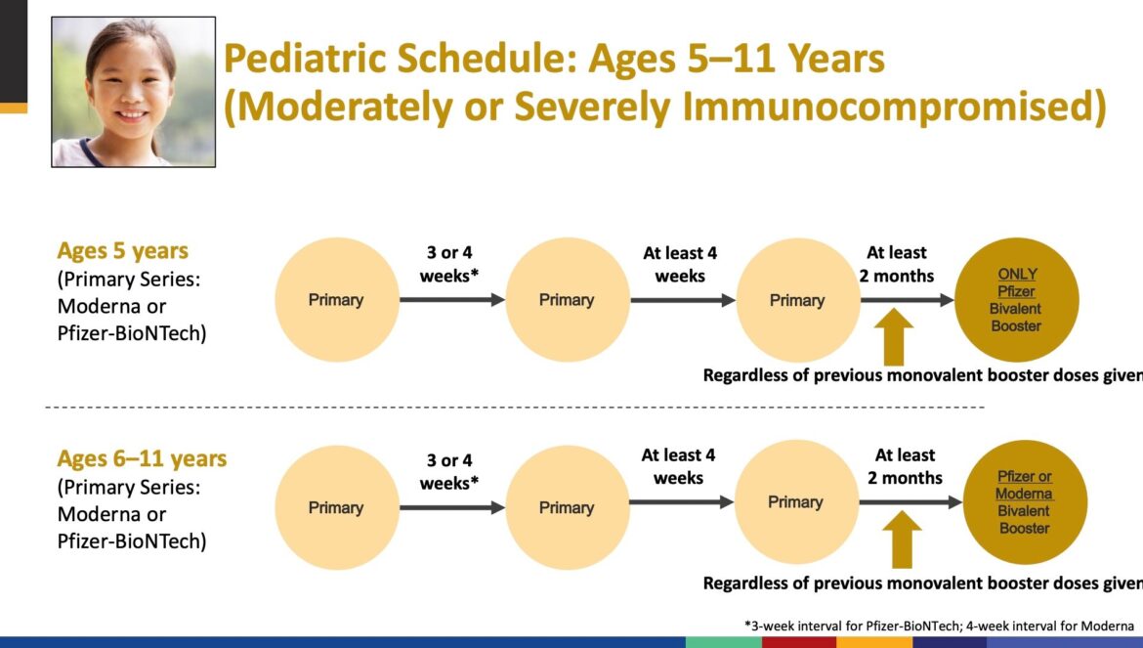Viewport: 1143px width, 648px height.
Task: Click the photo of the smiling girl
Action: point(134,92)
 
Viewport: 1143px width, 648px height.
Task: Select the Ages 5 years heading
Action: point(122,251)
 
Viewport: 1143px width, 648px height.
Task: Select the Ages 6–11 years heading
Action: point(143,458)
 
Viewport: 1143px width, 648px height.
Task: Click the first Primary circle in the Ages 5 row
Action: point(337,300)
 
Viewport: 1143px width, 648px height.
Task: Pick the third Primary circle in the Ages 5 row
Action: point(798,300)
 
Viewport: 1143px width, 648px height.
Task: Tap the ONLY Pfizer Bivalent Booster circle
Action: point(1016,300)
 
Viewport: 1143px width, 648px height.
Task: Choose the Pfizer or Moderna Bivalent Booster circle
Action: point(1025,502)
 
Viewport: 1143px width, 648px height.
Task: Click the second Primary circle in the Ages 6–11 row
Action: point(568,507)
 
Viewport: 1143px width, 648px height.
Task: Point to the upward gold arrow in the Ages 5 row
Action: point(894,337)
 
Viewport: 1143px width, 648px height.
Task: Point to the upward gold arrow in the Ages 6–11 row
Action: point(902,540)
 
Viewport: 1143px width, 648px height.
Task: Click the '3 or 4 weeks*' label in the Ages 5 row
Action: point(449,264)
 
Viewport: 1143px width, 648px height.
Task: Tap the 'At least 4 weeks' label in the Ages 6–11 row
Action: point(679,466)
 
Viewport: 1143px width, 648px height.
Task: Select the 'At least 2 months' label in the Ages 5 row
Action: point(897,264)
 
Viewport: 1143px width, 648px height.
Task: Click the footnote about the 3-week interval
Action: point(939,626)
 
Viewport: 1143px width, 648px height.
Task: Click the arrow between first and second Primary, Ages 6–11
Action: point(452,507)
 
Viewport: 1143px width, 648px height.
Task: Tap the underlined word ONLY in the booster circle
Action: point(1017,274)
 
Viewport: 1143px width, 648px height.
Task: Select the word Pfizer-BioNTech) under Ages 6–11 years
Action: point(132,541)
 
